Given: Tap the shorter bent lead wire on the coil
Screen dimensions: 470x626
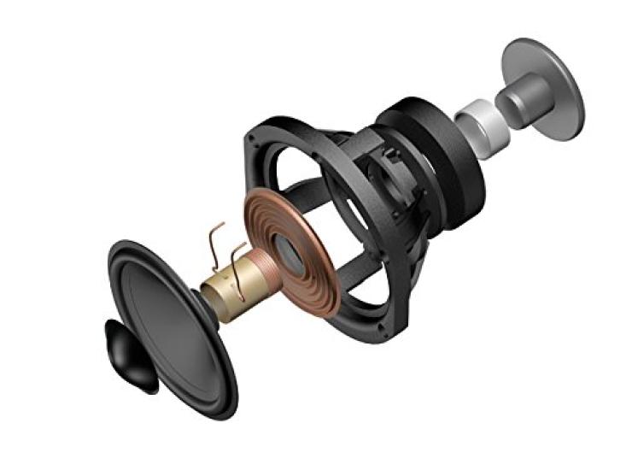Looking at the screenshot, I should coord(242,261).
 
